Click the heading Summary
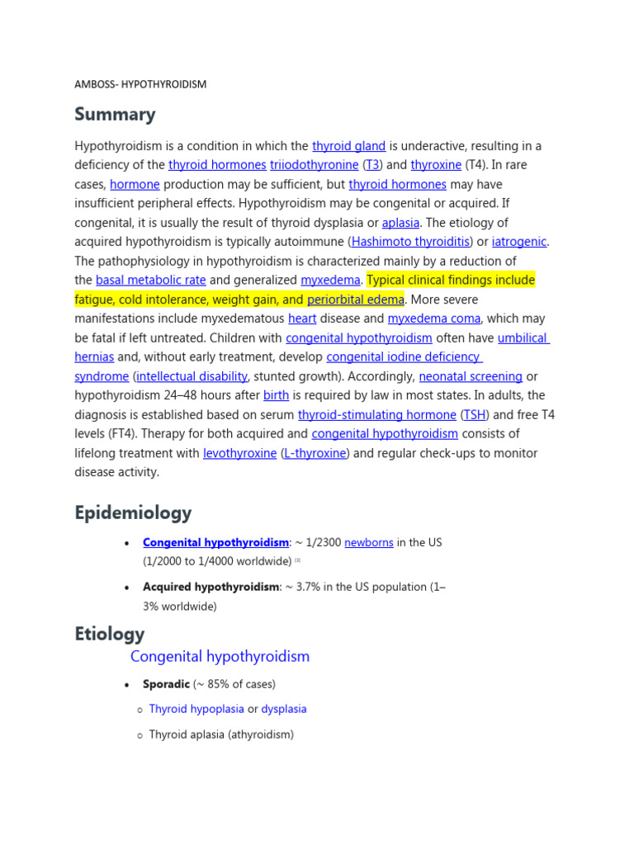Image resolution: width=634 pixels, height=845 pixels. click(115, 114)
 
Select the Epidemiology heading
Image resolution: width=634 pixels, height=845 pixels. click(133, 512)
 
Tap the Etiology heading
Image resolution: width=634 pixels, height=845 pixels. click(110, 634)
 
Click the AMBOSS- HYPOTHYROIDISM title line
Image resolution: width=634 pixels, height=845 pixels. click(140, 84)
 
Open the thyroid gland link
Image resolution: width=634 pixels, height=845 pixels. click(348, 146)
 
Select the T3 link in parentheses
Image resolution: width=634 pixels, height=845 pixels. click(373, 165)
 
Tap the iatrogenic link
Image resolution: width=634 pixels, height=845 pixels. click(519, 242)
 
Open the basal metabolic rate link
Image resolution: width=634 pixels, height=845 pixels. click(151, 281)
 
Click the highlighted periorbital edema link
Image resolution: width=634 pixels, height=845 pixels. click(355, 300)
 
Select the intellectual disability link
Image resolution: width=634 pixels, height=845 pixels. click(192, 376)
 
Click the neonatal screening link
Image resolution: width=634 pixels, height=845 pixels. click(471, 376)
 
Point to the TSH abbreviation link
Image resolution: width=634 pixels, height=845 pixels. click(475, 415)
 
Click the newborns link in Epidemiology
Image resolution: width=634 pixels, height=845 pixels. click(368, 543)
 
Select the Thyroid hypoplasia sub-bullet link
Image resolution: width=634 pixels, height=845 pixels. click(196, 709)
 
